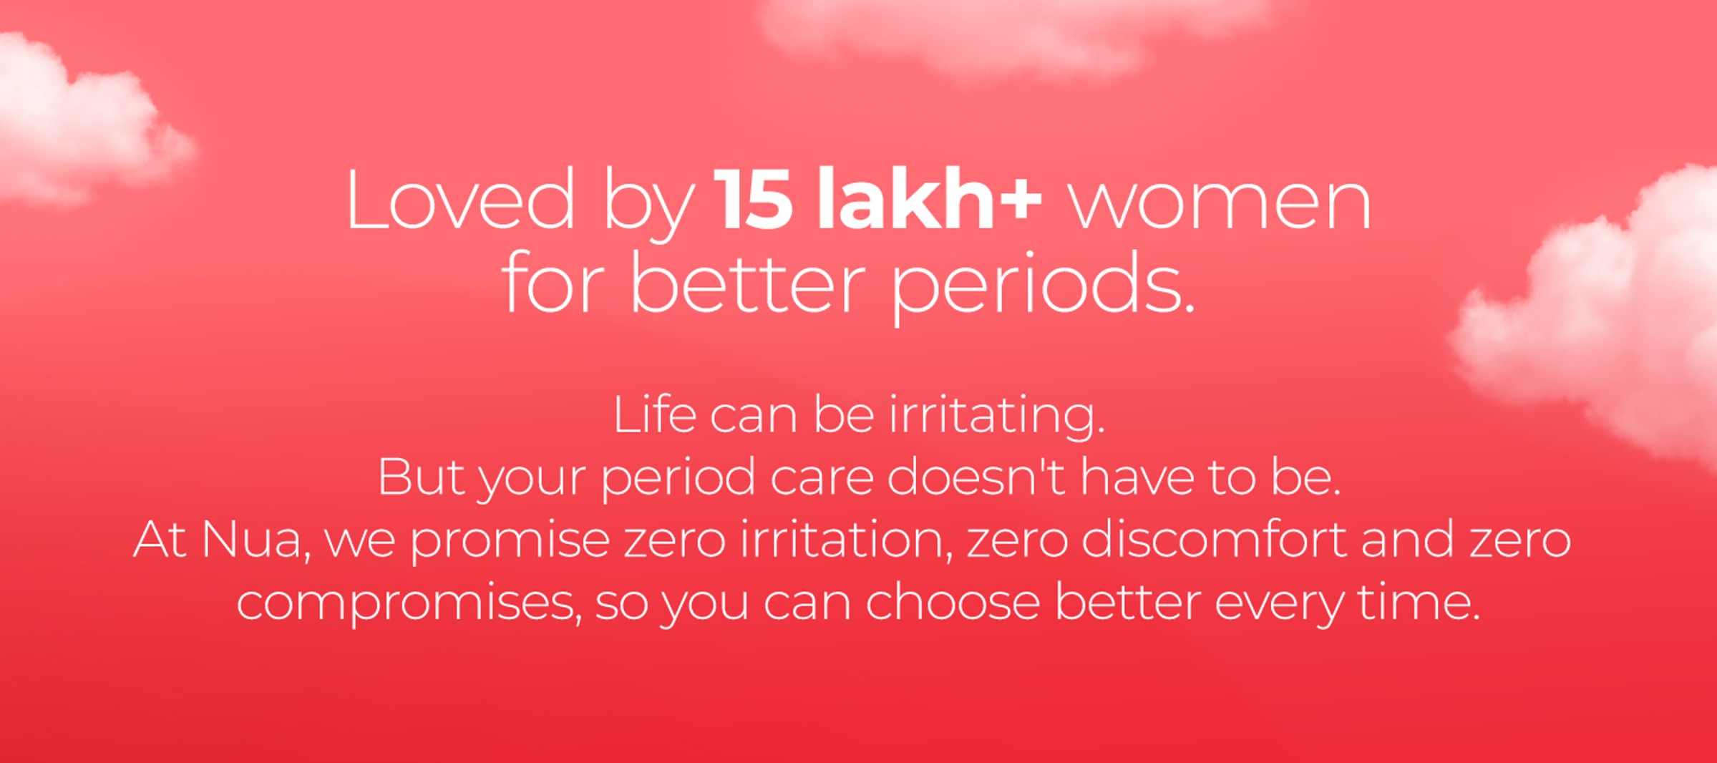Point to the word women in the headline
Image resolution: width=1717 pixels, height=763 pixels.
click(1220, 206)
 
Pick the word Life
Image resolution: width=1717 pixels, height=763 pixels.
click(654, 414)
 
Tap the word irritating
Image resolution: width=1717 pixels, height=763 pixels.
click(997, 417)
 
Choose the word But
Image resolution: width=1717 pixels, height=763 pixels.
click(421, 477)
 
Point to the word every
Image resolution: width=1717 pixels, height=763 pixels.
click(1280, 606)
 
